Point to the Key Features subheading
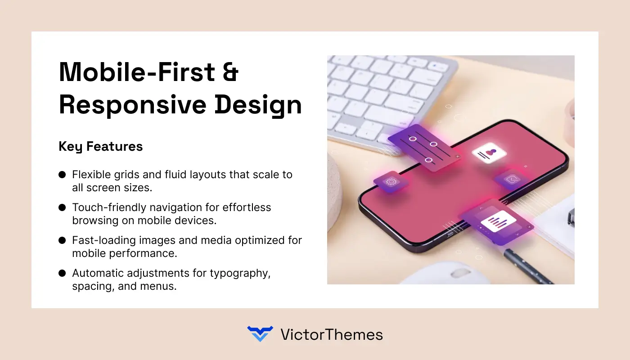(x=101, y=146)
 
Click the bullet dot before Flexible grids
(x=62, y=175)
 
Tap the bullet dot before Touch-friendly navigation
(x=62, y=207)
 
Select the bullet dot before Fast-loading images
(x=62, y=241)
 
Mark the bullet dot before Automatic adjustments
(x=62, y=274)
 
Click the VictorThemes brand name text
(x=331, y=334)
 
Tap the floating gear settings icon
(x=390, y=182)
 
